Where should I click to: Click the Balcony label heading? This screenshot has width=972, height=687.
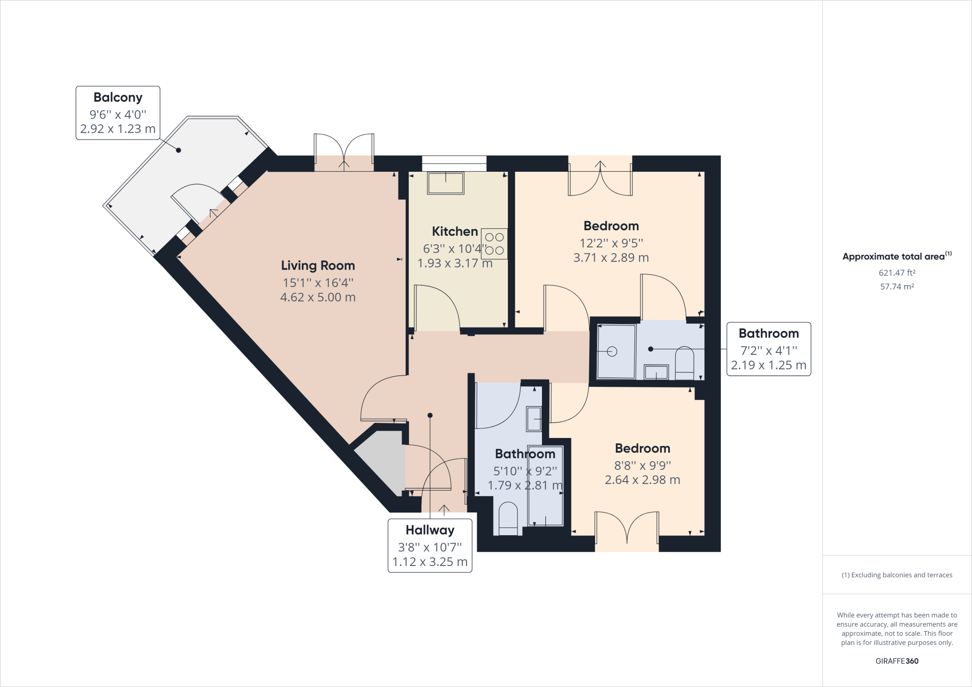coord(118,97)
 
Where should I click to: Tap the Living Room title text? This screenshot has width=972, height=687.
coord(318,266)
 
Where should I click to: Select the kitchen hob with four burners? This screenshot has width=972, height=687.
coord(494,244)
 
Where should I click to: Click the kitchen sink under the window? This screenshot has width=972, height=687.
coord(445,183)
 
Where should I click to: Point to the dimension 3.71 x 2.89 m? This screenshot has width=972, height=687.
coord(611,258)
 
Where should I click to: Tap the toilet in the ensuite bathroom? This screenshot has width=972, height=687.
coord(684,363)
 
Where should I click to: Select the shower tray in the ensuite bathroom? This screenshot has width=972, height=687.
coord(616,351)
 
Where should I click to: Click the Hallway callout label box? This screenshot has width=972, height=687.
coord(430,546)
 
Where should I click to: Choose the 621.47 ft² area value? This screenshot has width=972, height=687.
coord(897,273)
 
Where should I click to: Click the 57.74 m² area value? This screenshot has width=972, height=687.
coord(897,287)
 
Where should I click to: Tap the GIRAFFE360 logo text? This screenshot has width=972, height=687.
coord(897,661)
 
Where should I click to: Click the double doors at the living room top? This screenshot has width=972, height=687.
coord(344,152)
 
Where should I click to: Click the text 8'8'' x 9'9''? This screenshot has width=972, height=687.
coord(642,465)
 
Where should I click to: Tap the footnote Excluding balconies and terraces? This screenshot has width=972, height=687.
coord(897,575)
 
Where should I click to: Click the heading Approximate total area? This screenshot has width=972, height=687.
coord(894,257)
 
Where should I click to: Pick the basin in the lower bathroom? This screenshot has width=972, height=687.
coord(533,419)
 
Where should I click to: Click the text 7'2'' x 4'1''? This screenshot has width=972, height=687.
coord(768,351)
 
